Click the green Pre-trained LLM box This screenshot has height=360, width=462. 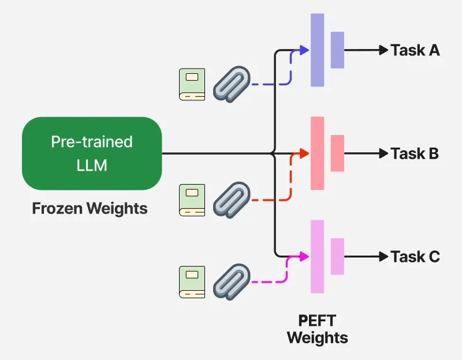92,153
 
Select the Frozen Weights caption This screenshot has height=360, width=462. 90,208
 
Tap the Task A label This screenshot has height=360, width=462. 415,50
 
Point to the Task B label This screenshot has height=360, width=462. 415,153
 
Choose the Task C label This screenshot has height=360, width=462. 415,256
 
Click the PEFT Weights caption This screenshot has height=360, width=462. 317,329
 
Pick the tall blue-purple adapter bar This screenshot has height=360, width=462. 317,50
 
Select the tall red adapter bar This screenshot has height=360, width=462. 317,153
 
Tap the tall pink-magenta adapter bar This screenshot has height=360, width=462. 317,256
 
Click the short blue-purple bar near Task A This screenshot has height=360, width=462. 337,50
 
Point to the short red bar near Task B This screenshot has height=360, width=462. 337,153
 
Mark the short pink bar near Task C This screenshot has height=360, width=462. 337,256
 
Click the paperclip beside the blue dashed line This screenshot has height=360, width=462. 232,84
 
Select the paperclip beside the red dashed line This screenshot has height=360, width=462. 232,200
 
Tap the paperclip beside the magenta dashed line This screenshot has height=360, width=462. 232,282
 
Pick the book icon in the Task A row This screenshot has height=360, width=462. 192,84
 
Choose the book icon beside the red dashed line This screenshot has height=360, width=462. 192,200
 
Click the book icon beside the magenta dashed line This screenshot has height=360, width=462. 192,282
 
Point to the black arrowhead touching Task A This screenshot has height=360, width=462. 383,50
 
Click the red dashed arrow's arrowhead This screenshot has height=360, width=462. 304,153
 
